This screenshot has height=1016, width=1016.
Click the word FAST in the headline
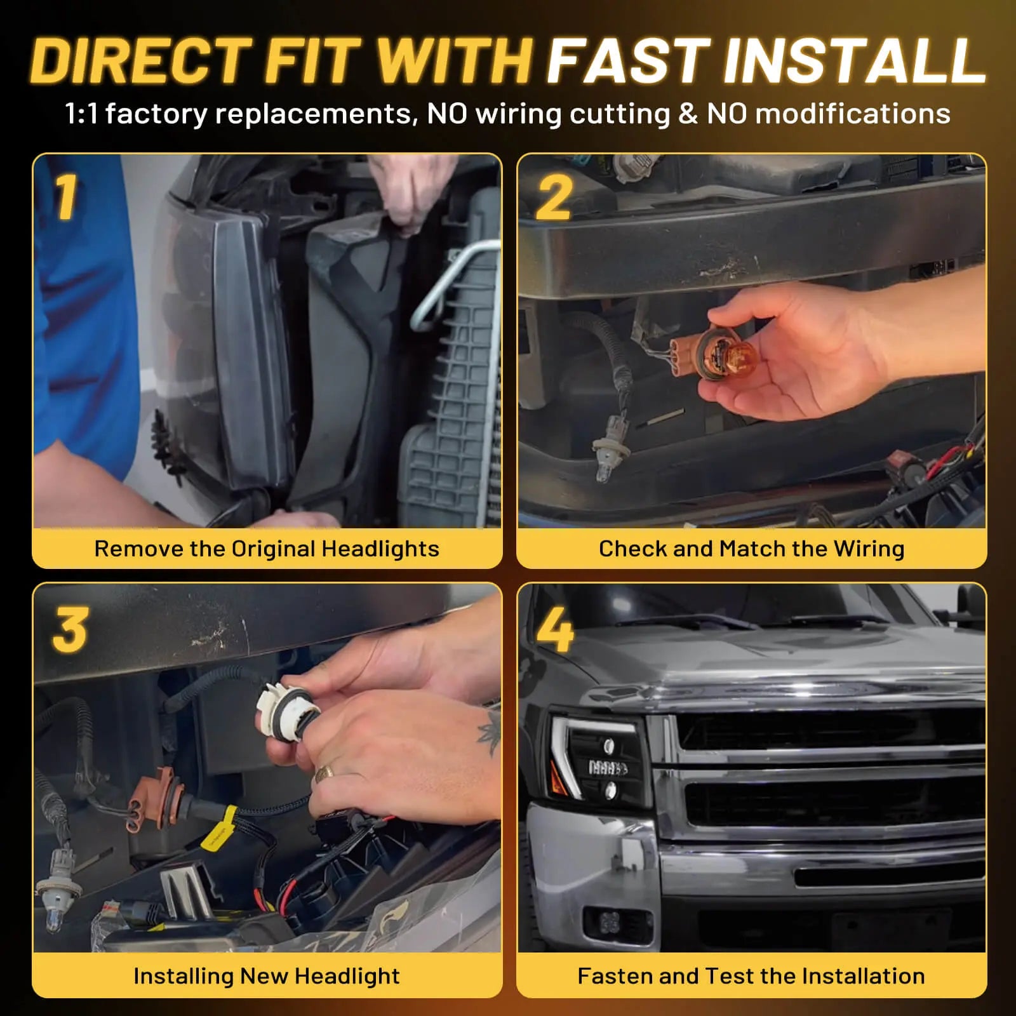pyautogui.click(x=628, y=61)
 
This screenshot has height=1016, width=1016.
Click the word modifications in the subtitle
pyautogui.click(x=853, y=114)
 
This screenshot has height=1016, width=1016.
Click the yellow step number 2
pyautogui.click(x=554, y=197)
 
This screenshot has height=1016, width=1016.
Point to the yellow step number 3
pyautogui.click(x=70, y=629)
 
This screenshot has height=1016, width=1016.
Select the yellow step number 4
pyautogui.click(x=554, y=629)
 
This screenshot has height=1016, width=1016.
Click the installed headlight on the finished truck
pyautogui.click(x=594, y=759)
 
